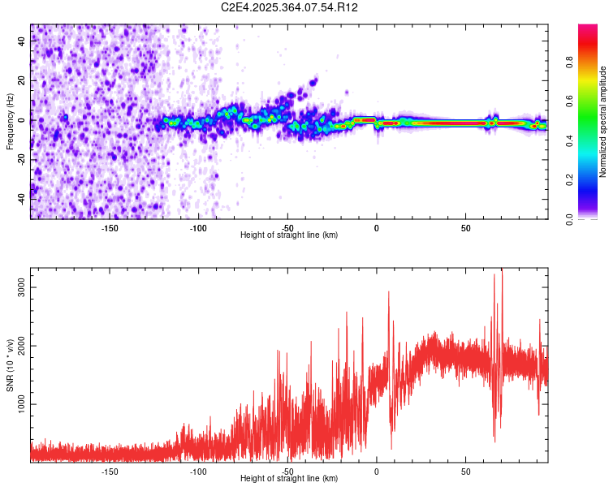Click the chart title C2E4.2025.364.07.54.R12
pyautogui.click(x=290, y=7)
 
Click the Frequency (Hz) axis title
pyautogui.click(x=10, y=122)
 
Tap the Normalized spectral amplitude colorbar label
pyautogui.click(x=603, y=122)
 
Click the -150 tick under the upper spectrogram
pyautogui.click(x=110, y=227)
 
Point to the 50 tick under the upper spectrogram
pyautogui.click(x=465, y=227)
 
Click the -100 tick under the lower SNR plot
pyautogui.click(x=198, y=471)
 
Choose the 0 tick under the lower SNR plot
pyautogui.click(x=376, y=471)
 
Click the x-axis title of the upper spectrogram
pyautogui.click(x=289, y=235)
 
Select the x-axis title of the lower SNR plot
pyautogui.click(x=289, y=479)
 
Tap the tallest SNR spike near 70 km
pyautogui.click(x=502, y=270)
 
